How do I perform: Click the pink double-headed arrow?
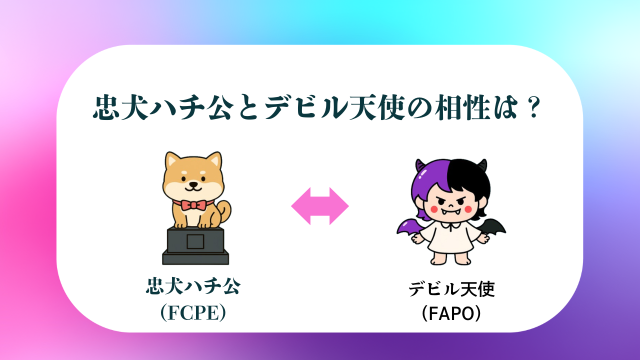[x=319, y=206]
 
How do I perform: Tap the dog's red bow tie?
[x=193, y=205]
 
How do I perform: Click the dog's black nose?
[x=193, y=184]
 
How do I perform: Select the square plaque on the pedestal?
[x=195, y=241]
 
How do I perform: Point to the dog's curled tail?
[x=225, y=211]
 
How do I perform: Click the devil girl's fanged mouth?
[x=450, y=212]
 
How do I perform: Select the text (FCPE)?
[x=193, y=312]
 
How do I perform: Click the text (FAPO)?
[x=451, y=313]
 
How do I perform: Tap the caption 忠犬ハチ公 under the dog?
[x=193, y=285]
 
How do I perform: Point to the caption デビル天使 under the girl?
[x=451, y=289]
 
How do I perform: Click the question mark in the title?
[x=533, y=107]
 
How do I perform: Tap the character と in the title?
[x=248, y=107]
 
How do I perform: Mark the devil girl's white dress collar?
[x=450, y=225]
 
